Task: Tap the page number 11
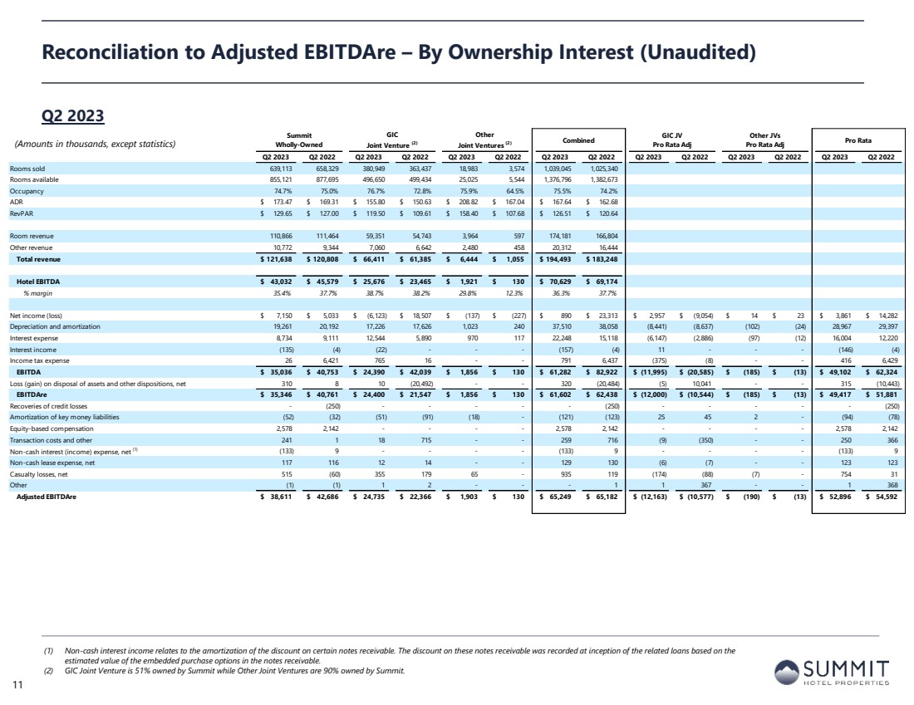click(x=16, y=685)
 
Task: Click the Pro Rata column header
click(x=857, y=140)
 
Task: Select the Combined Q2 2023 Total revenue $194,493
click(x=557, y=259)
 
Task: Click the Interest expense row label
click(x=32, y=338)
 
